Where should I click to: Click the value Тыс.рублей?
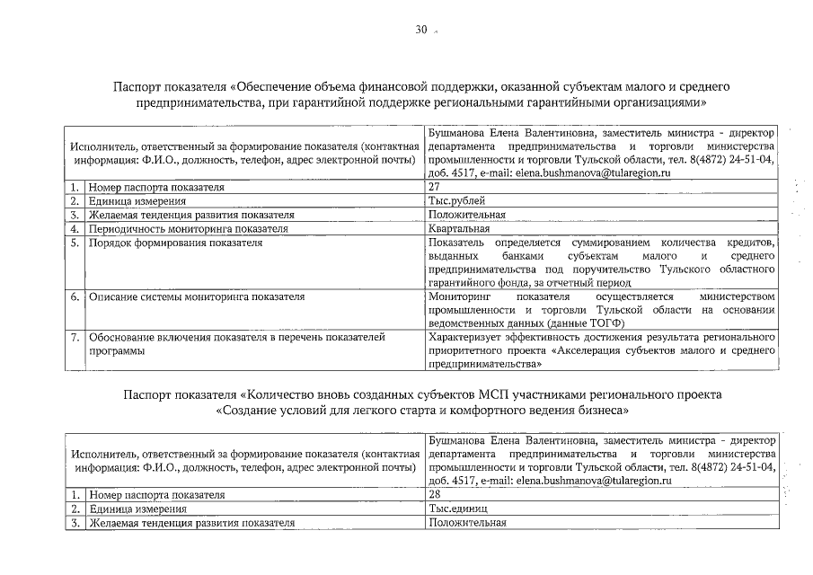tap(457, 201)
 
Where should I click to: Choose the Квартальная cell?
tap(460, 229)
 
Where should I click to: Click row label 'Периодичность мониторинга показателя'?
tap(188, 229)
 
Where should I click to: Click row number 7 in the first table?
tap(75, 338)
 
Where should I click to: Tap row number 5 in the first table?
tap(75, 243)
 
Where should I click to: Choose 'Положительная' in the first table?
tap(467, 216)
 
